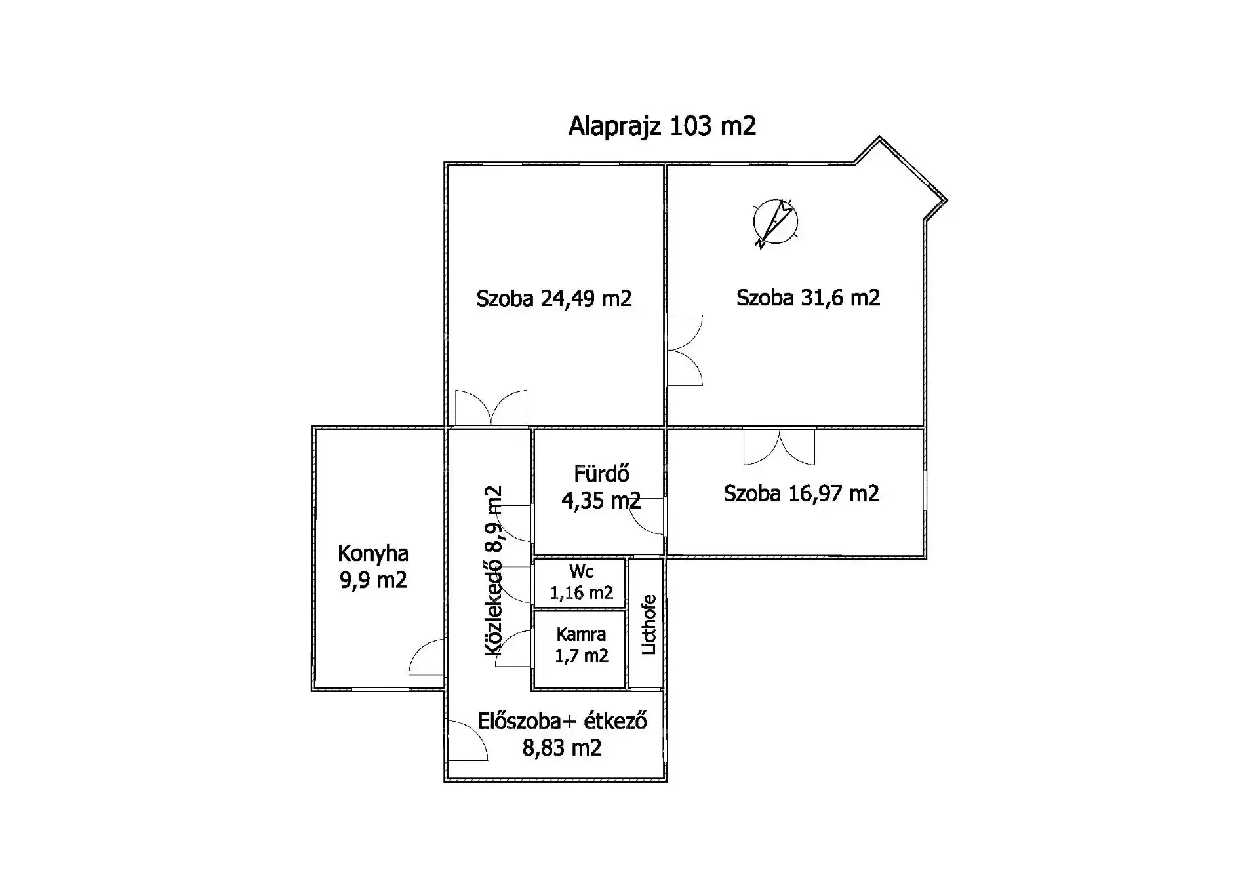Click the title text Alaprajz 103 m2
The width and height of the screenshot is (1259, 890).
[x=662, y=126]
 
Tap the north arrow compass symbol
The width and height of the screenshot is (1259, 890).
[x=775, y=223]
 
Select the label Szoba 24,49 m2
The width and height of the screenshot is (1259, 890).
[x=554, y=299]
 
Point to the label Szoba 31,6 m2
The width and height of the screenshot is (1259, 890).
[x=808, y=298]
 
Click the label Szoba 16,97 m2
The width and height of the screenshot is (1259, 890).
[x=801, y=493]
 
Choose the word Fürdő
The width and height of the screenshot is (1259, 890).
[x=602, y=473]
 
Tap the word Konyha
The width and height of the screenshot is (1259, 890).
[x=373, y=554]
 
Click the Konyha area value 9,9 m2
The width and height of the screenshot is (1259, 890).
[x=373, y=580]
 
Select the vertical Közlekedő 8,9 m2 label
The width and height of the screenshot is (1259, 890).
[x=493, y=570]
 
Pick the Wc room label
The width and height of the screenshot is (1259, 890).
[x=582, y=571]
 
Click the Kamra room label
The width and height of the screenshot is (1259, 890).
[x=581, y=634]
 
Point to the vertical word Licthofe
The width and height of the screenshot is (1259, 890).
[x=649, y=624]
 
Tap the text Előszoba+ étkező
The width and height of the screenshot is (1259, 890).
[x=563, y=721]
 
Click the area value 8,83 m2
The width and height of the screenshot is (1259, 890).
[x=562, y=748]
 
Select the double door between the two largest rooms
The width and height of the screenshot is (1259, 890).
[x=685, y=350]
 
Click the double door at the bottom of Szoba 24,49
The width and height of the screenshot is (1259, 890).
[x=491, y=407]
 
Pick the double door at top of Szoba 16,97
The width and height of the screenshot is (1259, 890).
[x=780, y=447]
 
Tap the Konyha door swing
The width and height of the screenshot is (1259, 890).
[x=426, y=657]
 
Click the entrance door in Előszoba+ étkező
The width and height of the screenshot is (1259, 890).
[x=468, y=741]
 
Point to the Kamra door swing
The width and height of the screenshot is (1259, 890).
[x=513, y=648]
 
